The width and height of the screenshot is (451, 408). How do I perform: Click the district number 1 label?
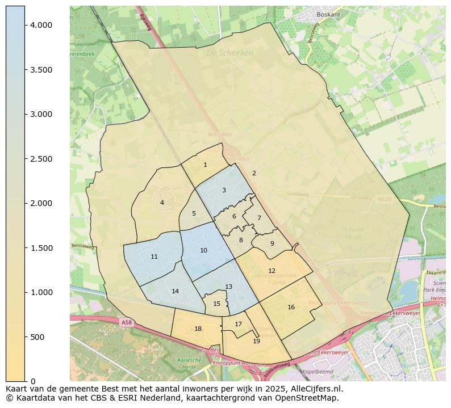(x=205, y=165)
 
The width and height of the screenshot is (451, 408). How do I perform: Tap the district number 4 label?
(x=162, y=203)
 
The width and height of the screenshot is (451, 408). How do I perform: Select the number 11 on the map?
(x=154, y=257)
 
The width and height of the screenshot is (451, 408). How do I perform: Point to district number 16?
(x=291, y=308)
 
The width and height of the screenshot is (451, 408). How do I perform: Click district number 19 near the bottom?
(x=256, y=341)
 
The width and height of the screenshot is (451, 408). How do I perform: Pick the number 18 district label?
(x=198, y=329)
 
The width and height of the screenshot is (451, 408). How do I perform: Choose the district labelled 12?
(x=272, y=271)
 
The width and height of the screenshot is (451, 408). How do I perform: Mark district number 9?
(x=272, y=243)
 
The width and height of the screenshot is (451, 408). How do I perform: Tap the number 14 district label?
(x=175, y=292)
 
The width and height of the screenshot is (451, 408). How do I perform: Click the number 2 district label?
(x=254, y=174)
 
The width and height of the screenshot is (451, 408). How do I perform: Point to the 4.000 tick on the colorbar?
(x=41, y=25)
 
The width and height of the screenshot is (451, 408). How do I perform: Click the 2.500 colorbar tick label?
(x=41, y=159)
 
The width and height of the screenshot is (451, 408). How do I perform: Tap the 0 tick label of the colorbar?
(x=33, y=381)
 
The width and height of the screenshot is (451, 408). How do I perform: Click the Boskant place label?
(x=328, y=15)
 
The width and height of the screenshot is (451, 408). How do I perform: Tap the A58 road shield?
(x=126, y=322)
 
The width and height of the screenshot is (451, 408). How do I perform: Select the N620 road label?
(x=384, y=200)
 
